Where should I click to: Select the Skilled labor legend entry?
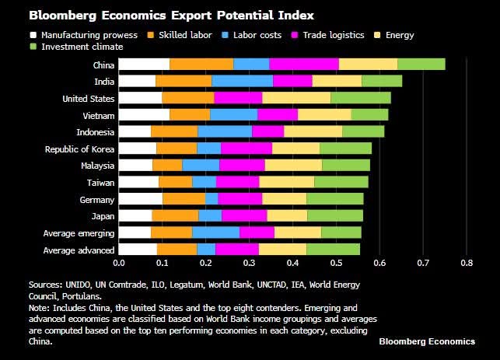pyautogui.click(x=186, y=35)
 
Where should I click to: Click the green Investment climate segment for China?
pyautogui.click(x=421, y=65)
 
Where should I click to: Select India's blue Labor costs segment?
pyautogui.click(x=242, y=81)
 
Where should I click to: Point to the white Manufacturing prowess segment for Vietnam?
pyautogui.click(x=144, y=115)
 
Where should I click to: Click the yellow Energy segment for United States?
pyautogui.click(x=296, y=98)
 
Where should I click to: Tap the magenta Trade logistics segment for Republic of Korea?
pyautogui.click(x=247, y=149)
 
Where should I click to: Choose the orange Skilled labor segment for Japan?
pyautogui.click(x=175, y=215)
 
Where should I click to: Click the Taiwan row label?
pyautogui.click(x=101, y=183)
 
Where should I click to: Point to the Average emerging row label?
pyautogui.click(x=79, y=233)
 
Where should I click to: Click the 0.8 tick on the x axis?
pyautogui.click(x=467, y=264)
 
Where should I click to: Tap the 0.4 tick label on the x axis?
pyautogui.click(x=293, y=264)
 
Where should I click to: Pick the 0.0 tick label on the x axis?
pyautogui.click(x=119, y=264)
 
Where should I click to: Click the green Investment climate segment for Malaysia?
pyautogui.click(x=346, y=166)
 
